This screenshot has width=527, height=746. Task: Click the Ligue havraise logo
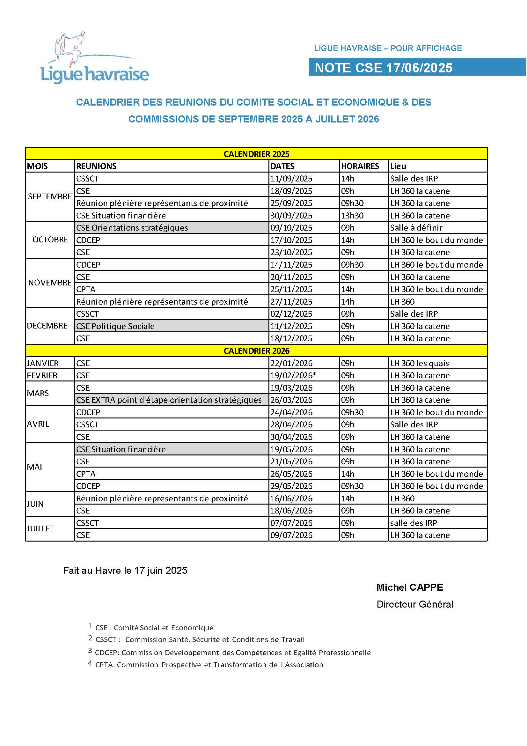[94, 58]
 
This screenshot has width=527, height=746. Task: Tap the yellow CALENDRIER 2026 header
[256, 351]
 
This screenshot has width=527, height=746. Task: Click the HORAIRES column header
[360, 166]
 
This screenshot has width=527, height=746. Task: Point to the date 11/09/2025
[291, 178]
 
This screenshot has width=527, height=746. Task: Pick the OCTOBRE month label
[50, 240]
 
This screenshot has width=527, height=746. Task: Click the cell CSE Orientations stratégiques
[132, 227]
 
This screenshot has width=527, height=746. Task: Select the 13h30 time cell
[352, 215]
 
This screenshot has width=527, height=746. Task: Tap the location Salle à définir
[416, 227]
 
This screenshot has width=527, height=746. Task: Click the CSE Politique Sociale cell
[115, 326]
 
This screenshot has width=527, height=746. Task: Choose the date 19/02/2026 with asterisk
[293, 375]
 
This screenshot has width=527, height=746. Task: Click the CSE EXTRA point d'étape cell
[169, 400]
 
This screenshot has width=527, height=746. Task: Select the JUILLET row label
[40, 528]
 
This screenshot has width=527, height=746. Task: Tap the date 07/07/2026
[291, 523]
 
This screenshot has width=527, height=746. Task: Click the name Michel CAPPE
[409, 587]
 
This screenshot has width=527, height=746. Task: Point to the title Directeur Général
[415, 604]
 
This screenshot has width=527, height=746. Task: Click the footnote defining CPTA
[209, 664]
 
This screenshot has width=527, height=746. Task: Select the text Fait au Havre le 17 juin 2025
[125, 570]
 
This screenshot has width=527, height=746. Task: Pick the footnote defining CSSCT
[199, 639]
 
